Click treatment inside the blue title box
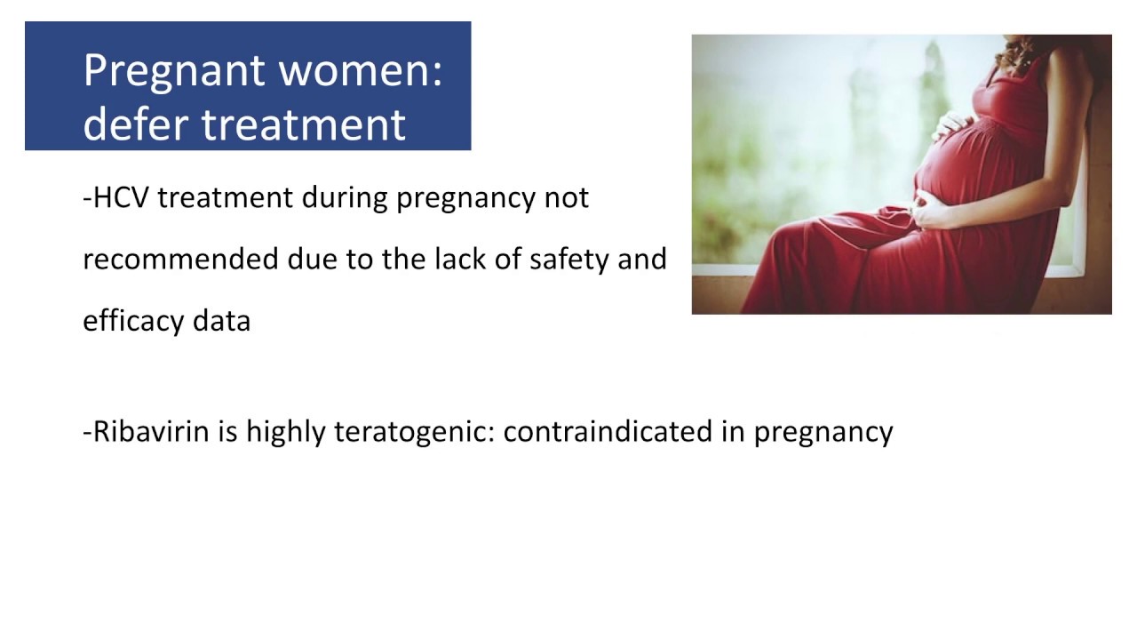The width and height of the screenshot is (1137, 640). [304, 123]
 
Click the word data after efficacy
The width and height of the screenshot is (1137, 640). [221, 321]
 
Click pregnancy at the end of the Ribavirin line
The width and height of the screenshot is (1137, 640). [823, 432]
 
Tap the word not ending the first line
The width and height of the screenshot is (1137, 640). [566, 196]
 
